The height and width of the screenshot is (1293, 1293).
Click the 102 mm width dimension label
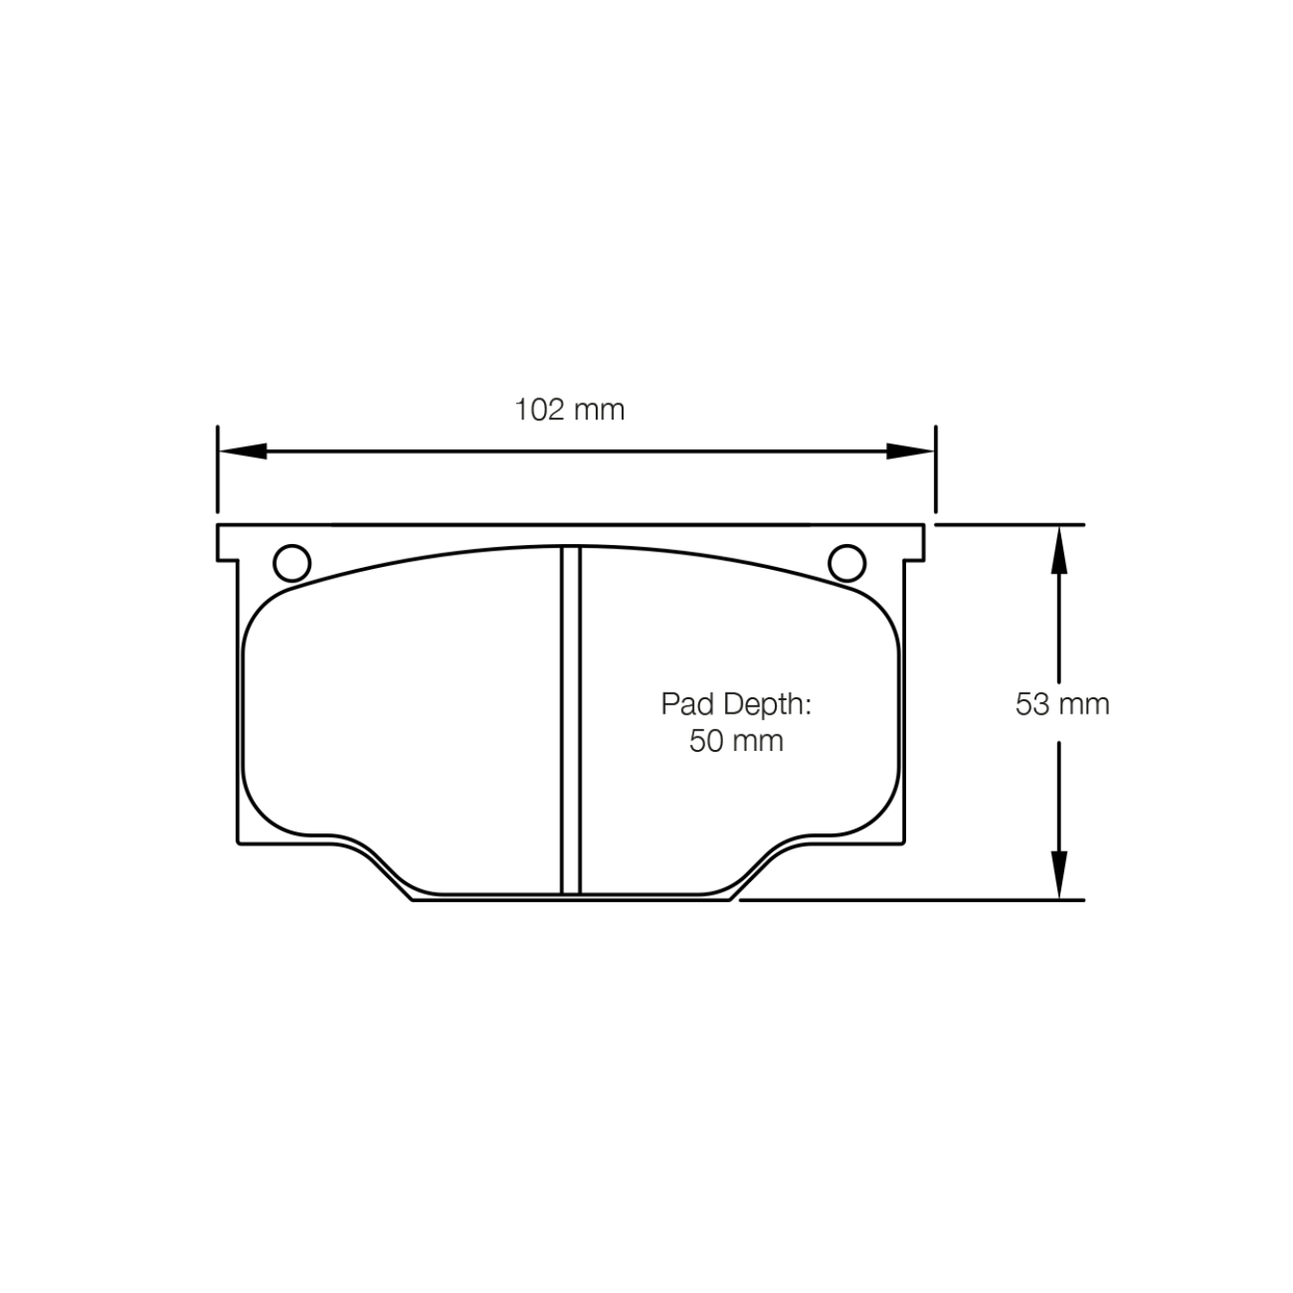[x=570, y=410]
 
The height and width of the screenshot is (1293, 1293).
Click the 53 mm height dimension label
[x=1062, y=704]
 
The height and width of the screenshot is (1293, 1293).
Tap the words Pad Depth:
[x=736, y=704]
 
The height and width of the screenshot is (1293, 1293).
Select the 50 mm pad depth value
[x=736, y=740]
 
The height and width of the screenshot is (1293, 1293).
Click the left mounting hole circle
[x=292, y=563]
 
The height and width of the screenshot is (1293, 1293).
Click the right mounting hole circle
[x=847, y=563]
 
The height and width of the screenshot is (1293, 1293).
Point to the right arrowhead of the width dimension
[x=910, y=451]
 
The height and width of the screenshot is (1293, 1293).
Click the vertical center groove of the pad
[x=571, y=718]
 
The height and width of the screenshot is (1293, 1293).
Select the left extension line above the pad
[x=218, y=469]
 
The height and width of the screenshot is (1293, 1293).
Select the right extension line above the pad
[x=935, y=469]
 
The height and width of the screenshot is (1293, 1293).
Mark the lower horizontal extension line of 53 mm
[x=910, y=899]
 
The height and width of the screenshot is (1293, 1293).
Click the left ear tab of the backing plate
[x=227, y=542]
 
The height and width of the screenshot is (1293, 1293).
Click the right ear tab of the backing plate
[x=915, y=542]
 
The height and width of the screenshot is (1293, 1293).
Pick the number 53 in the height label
[x=1032, y=704]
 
